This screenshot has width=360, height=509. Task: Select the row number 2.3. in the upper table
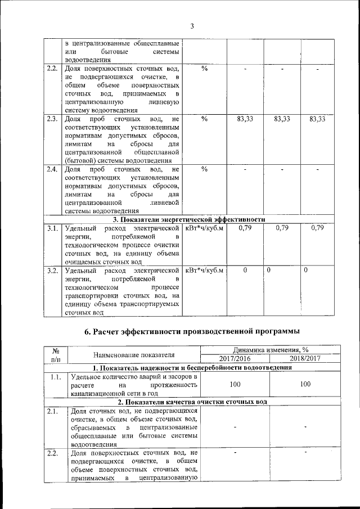(x=52, y=119)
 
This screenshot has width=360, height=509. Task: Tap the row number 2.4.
(x=52, y=169)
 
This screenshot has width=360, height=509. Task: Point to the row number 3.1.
(x=52, y=228)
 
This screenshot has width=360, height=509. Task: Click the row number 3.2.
(x=52, y=271)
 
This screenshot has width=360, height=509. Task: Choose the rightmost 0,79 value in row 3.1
(x=318, y=228)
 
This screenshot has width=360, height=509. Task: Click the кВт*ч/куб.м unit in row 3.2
(x=204, y=271)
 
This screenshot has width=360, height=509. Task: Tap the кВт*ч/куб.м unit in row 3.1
(x=204, y=228)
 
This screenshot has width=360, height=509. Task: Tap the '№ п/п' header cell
(x=56, y=354)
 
